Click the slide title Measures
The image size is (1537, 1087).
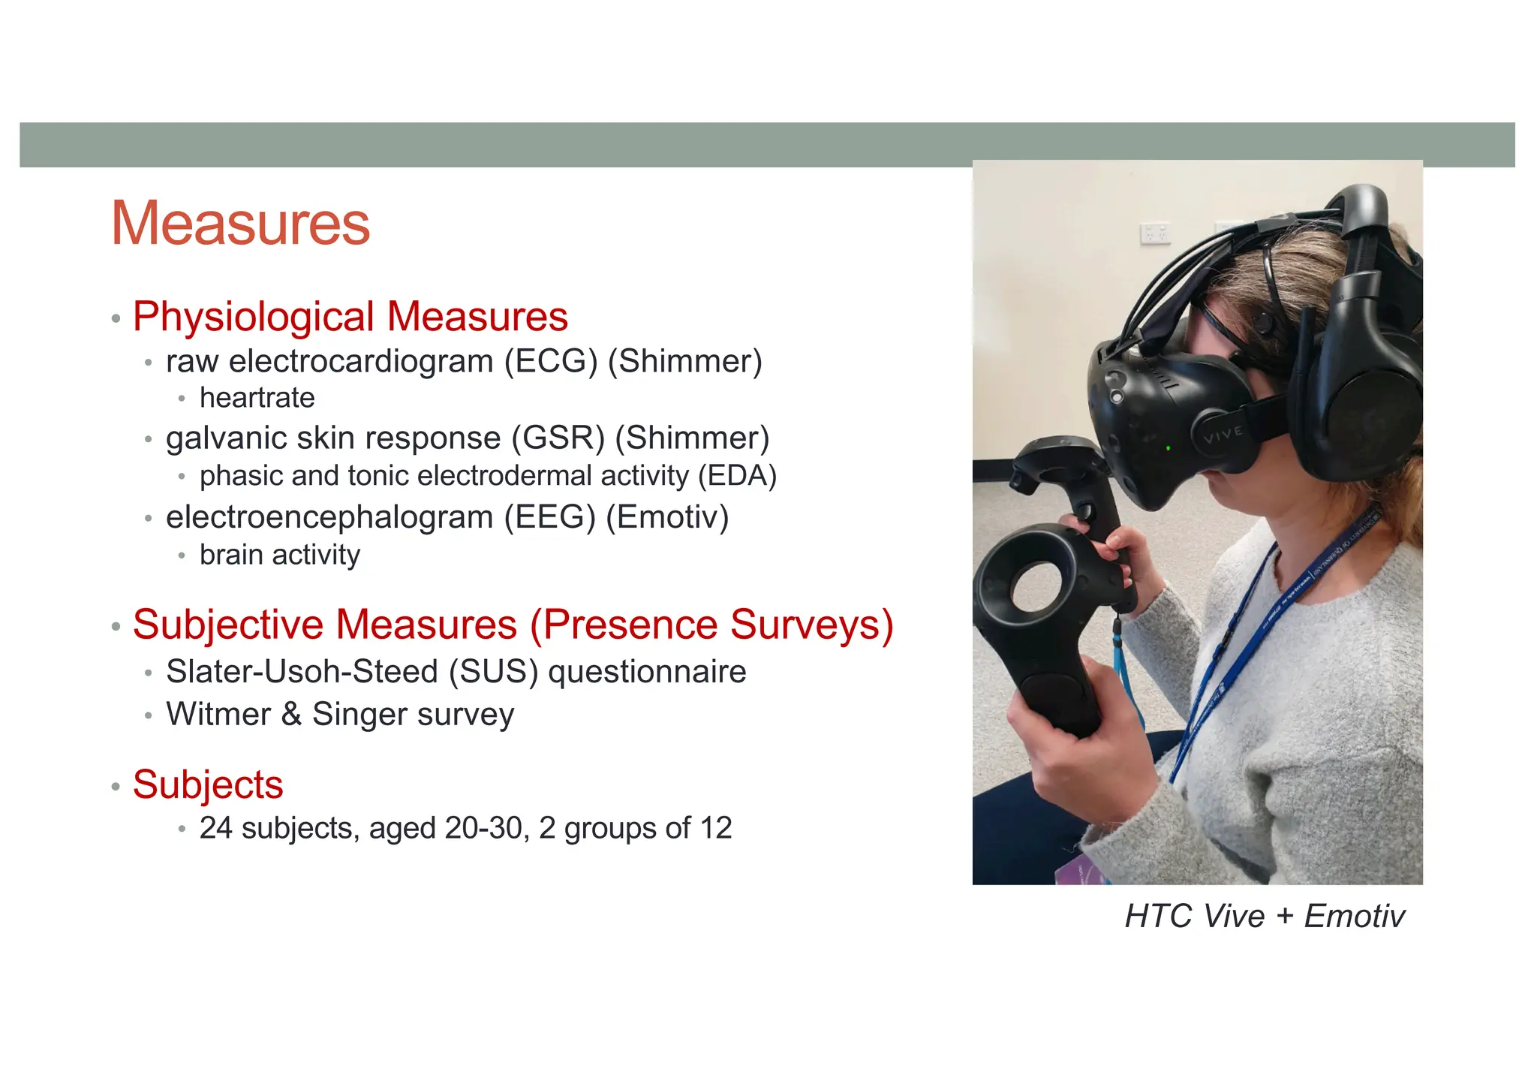pos(240,223)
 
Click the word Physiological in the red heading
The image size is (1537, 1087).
pos(253,317)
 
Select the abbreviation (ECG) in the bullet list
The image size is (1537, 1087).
pos(551,361)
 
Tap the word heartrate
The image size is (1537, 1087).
pos(257,398)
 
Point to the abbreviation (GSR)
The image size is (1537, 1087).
pos(558,438)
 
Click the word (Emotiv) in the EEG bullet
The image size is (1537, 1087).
pos(667,516)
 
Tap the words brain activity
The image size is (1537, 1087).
pos(279,555)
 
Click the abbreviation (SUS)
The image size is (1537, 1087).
pos(493,671)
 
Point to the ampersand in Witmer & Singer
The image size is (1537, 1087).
pos(291,714)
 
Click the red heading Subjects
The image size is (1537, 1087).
pos(208,784)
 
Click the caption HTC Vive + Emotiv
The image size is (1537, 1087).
pos(1264,916)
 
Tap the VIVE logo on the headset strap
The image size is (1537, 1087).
pos(1223,434)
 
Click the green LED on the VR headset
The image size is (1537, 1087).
pos(1169,448)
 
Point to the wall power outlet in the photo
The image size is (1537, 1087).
pos(1155,233)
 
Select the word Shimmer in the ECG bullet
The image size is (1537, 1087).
pos(684,361)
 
